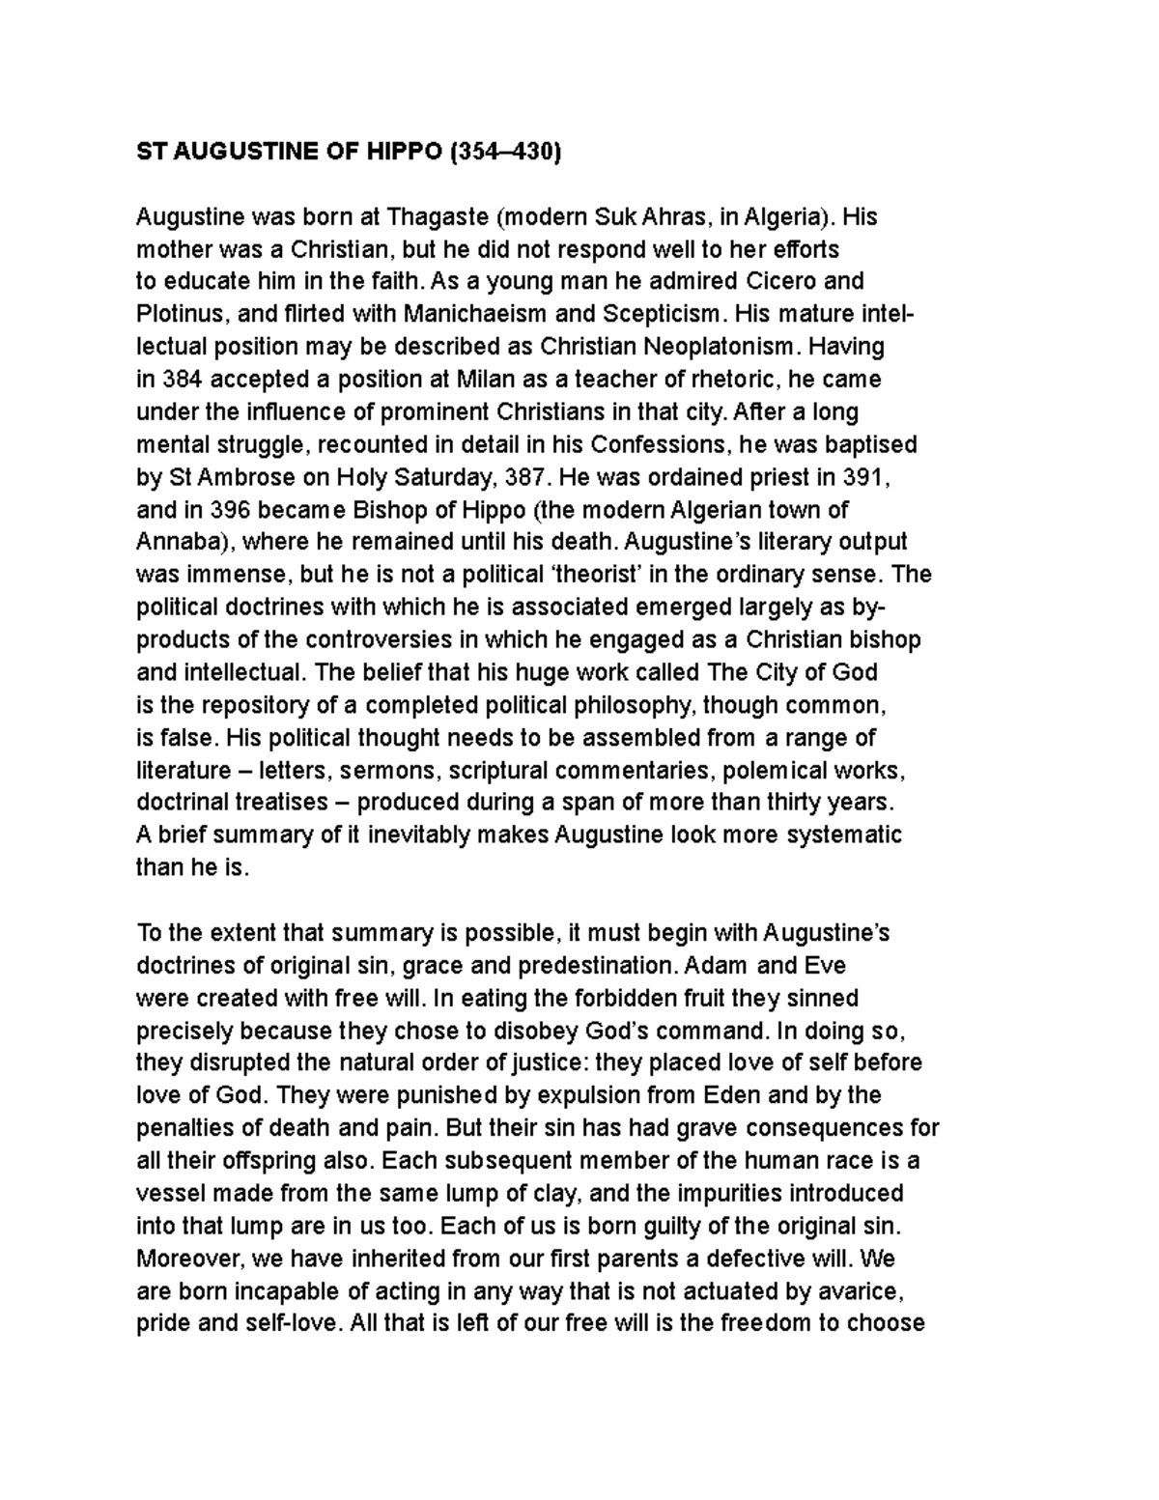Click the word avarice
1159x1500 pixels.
coord(862,1290)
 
